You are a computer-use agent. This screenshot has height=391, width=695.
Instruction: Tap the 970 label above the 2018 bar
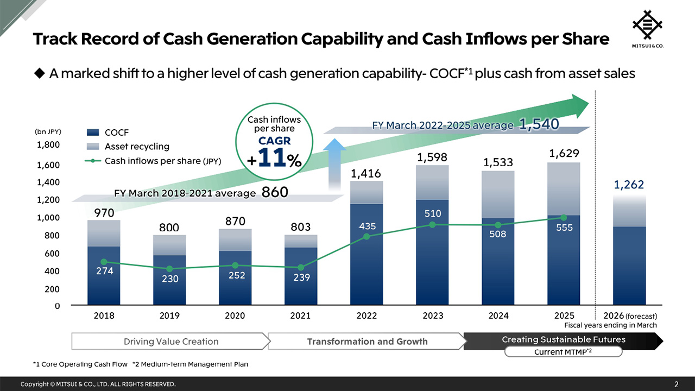[x=104, y=212]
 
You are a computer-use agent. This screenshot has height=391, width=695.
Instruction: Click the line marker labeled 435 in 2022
[x=367, y=236]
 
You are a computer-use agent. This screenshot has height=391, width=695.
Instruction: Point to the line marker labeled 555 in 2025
[x=564, y=218]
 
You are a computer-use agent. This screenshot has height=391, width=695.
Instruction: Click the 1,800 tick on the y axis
[x=48, y=145]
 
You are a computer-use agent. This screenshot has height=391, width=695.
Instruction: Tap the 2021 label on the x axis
[x=301, y=316]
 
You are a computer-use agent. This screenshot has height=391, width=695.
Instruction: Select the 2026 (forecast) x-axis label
[x=630, y=316]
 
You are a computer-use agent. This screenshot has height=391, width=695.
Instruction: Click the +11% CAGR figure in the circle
[x=274, y=157]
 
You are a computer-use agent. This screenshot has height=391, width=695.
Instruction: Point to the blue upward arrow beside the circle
[x=337, y=163]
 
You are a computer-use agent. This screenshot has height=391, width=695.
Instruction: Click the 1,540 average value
[x=539, y=125]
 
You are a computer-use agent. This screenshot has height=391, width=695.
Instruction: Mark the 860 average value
[x=275, y=192]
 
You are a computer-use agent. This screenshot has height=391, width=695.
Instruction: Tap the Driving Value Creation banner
[x=171, y=342]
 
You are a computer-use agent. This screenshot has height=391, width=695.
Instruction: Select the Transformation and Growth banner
[x=367, y=342]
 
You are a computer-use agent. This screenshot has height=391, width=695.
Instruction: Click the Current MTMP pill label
[x=563, y=352]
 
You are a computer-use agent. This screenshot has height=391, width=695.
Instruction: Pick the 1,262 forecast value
[x=629, y=185]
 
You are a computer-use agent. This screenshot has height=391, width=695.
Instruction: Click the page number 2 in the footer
[x=676, y=384]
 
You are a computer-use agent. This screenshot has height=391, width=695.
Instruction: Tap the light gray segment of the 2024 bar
[x=498, y=194]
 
